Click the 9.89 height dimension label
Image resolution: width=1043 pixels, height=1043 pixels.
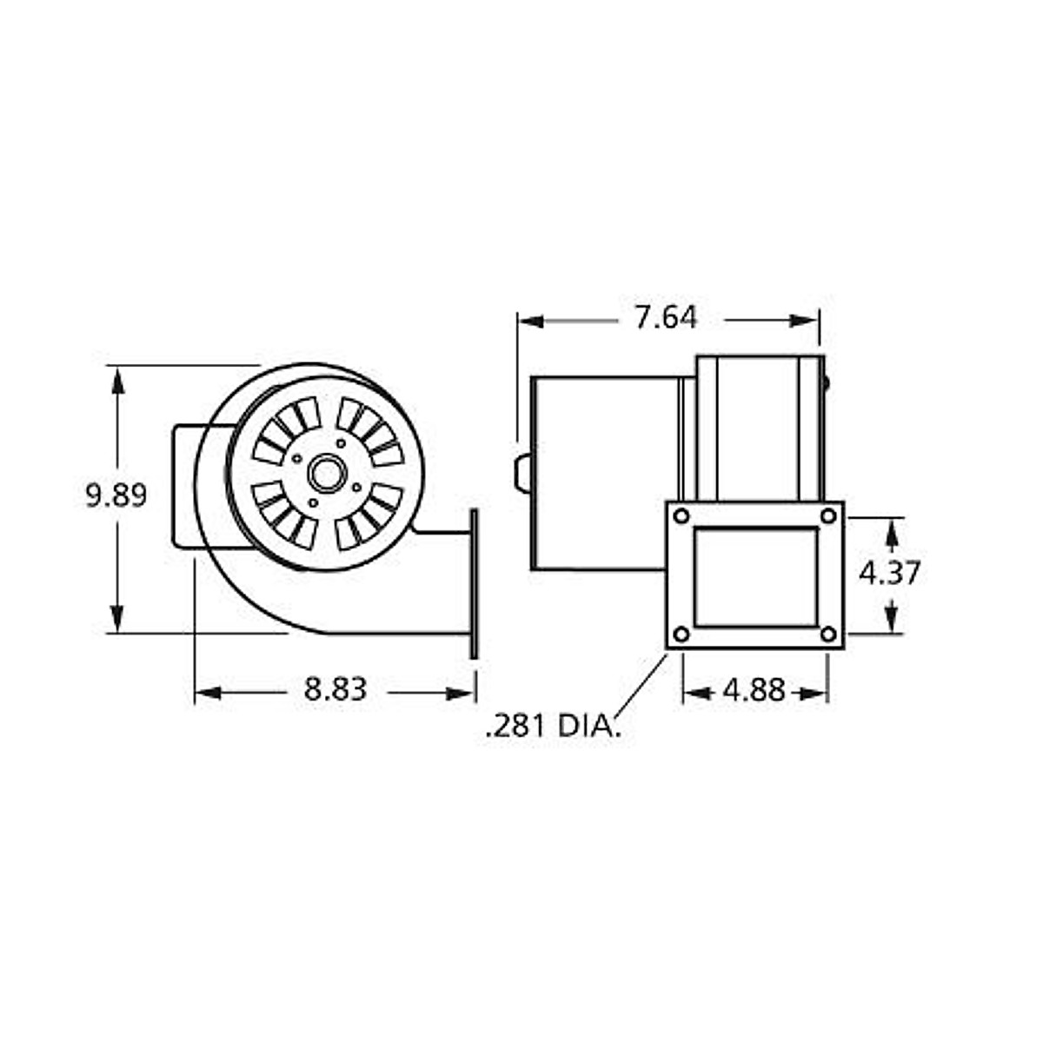coord(116,495)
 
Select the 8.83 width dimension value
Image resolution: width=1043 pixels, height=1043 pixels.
coord(335,690)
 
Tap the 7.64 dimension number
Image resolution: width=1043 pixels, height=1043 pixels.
coord(665,318)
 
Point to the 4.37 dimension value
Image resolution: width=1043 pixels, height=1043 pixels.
coord(888,573)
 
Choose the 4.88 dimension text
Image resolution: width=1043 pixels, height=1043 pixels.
coord(754,691)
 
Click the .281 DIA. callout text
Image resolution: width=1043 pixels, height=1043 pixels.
coord(554,726)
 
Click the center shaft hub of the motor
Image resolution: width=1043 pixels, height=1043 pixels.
coord(328,474)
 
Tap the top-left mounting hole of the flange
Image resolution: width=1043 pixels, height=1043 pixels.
coord(681,516)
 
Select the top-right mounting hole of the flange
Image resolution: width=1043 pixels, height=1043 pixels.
coord(828,516)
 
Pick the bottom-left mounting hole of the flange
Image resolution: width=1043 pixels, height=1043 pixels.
coord(681,634)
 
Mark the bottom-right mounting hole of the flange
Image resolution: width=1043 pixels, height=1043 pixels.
coord(828,634)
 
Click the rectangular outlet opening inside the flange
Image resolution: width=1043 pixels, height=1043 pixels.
coord(755,576)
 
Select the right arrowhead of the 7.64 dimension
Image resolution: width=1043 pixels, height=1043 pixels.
coord(806,321)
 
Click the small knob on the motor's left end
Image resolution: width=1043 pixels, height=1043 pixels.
coord(521,474)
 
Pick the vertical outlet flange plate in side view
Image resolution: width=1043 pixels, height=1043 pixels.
coord(474,583)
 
